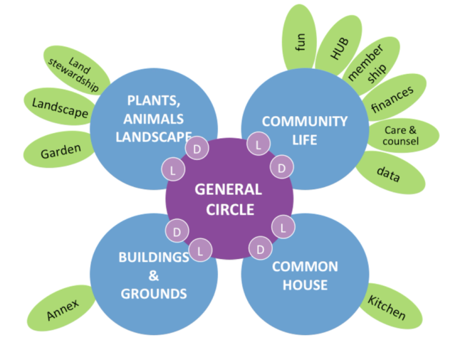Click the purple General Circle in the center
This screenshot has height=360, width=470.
[229, 198]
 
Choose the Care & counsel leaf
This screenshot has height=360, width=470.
[401, 135]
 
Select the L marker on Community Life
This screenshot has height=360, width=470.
[257, 144]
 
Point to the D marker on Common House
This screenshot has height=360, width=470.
[259, 250]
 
